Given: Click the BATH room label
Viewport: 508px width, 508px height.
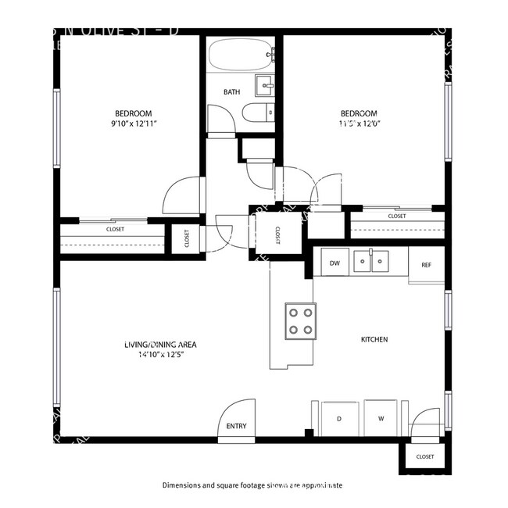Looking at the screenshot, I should coord(231,92).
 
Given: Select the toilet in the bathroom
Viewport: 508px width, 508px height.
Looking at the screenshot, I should coord(257,114).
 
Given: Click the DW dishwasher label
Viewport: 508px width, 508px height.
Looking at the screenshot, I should coord(334,263).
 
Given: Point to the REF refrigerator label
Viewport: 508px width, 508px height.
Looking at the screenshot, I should coord(426,265).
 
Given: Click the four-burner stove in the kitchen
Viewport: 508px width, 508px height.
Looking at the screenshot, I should coord(301,320).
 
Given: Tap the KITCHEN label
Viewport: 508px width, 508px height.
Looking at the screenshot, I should coord(374,339).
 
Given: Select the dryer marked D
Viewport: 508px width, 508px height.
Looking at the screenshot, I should coord(339,419).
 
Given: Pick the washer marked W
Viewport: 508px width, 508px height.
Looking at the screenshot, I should coord(381,419).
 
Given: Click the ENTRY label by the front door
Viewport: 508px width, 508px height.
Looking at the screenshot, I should coord(236,426).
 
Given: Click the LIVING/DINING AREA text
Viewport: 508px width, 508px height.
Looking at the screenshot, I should coord(159,345).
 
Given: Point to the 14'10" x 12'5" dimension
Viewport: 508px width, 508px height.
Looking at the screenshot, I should coord(159,355).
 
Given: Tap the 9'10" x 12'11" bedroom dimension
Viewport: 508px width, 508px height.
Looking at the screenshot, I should coord(133,123).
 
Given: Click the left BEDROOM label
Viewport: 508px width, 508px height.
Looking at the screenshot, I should coord(133,113).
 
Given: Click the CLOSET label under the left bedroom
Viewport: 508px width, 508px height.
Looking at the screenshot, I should coord(116,229).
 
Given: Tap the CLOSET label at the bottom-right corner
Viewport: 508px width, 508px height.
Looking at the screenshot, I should coord(425,456).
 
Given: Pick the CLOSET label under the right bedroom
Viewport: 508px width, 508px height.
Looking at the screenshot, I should coord(397,216).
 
